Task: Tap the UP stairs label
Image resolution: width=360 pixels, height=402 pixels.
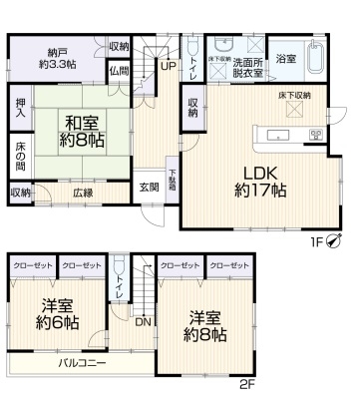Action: (x=167, y=67)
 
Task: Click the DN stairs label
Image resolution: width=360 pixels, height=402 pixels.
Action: (x=144, y=322)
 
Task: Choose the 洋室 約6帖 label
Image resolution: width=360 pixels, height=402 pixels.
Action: (x=58, y=315)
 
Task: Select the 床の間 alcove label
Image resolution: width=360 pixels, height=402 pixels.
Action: (x=21, y=156)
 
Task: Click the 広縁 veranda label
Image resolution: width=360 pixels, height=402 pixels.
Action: (x=82, y=193)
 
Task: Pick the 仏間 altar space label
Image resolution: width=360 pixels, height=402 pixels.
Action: (x=120, y=71)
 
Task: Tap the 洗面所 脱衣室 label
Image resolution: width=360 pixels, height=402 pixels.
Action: (x=249, y=66)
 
